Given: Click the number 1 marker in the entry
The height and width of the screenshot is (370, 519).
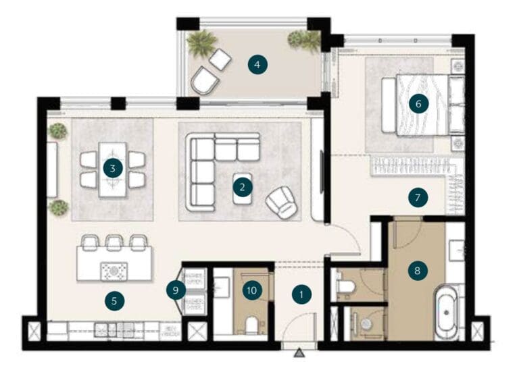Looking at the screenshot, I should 301,294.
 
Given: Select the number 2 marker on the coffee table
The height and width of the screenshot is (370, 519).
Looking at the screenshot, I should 242,187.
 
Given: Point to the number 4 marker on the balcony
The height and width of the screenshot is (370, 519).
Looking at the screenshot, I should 256,65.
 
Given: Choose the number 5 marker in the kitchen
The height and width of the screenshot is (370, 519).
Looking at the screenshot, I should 114,301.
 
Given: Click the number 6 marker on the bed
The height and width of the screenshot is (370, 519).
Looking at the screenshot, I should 418,104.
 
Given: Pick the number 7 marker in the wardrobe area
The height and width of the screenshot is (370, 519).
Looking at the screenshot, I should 418,198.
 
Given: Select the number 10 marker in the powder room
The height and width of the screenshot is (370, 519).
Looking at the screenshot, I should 251,291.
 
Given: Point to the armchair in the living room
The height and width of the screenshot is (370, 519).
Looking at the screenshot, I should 280,201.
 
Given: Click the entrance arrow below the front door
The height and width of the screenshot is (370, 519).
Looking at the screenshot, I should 300,353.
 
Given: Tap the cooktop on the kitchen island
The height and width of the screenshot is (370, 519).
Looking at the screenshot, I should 114,271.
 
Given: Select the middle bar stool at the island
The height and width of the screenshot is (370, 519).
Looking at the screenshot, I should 114,242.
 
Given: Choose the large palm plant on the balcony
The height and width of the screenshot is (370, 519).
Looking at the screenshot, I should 201,43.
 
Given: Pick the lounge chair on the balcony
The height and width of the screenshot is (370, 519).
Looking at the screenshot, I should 203,81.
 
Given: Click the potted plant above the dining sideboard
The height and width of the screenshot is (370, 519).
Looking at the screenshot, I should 59,130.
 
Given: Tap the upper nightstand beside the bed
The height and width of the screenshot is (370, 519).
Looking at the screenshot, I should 457,67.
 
